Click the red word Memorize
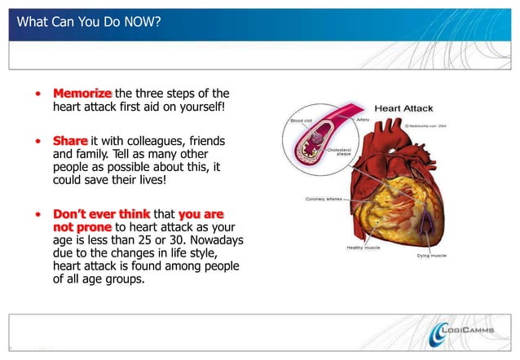click(x=82, y=93)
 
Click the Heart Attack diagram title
click(x=403, y=109)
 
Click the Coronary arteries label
click(x=324, y=197)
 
